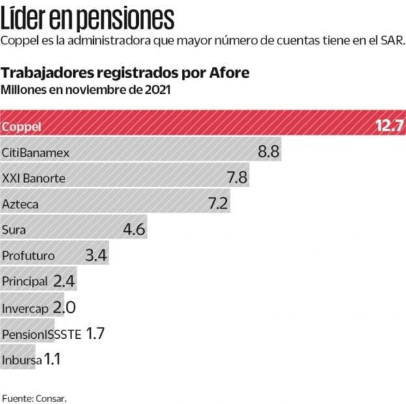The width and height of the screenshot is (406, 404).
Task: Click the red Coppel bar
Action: pyautogui.click(x=196, y=126)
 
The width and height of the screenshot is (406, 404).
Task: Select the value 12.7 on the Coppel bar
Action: pyautogui.click(x=390, y=126)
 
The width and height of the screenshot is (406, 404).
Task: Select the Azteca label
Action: pyautogui.click(x=20, y=204)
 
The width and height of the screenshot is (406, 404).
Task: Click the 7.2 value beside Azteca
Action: pyautogui.click(x=218, y=203)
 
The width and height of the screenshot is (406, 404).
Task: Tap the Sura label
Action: pyautogui.click(x=14, y=229)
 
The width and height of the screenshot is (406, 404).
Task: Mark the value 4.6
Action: pyautogui.click(x=134, y=229)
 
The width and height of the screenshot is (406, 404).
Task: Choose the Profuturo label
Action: pyautogui.click(x=28, y=255)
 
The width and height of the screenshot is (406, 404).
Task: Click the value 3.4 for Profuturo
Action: pyautogui.click(x=96, y=255)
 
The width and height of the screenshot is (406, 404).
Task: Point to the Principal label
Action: pyautogui.click(x=25, y=281)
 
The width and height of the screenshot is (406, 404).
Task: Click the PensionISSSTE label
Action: pyautogui.click(x=42, y=334)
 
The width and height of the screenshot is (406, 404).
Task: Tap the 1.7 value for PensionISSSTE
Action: pyautogui.click(x=95, y=333)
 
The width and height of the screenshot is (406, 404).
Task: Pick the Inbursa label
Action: pyautogui.click(x=22, y=359)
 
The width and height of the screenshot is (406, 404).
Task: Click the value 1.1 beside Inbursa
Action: pyautogui.click(x=52, y=358)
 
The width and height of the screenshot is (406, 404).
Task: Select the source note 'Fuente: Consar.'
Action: pyautogui.click(x=34, y=397)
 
